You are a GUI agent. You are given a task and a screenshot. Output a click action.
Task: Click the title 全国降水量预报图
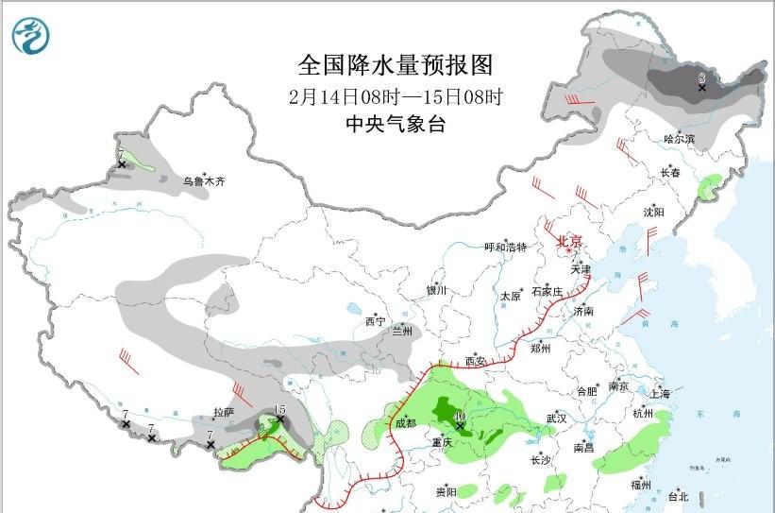point(396,65)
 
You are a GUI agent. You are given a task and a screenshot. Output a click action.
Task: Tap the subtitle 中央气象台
point(395,124)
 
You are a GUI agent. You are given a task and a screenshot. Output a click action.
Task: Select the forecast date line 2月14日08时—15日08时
point(396,96)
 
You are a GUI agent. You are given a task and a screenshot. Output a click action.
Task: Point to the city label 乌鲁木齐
point(204,181)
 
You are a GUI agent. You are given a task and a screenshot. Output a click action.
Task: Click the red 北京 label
point(569,242)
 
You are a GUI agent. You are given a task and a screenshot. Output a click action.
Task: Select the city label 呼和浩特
point(505,247)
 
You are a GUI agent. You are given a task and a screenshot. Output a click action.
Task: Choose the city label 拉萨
point(224,413)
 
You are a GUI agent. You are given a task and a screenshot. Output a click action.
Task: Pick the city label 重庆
point(444,442)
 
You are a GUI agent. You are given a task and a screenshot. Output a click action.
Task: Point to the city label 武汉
point(556,418)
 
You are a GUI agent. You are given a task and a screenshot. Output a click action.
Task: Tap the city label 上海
point(660,392)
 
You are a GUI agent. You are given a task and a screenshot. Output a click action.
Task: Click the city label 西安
point(476,360)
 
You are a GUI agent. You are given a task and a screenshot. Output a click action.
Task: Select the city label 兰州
point(402,331)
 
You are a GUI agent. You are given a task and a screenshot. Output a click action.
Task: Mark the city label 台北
point(678,496)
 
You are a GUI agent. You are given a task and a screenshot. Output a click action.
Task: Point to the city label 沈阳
point(654,212)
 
